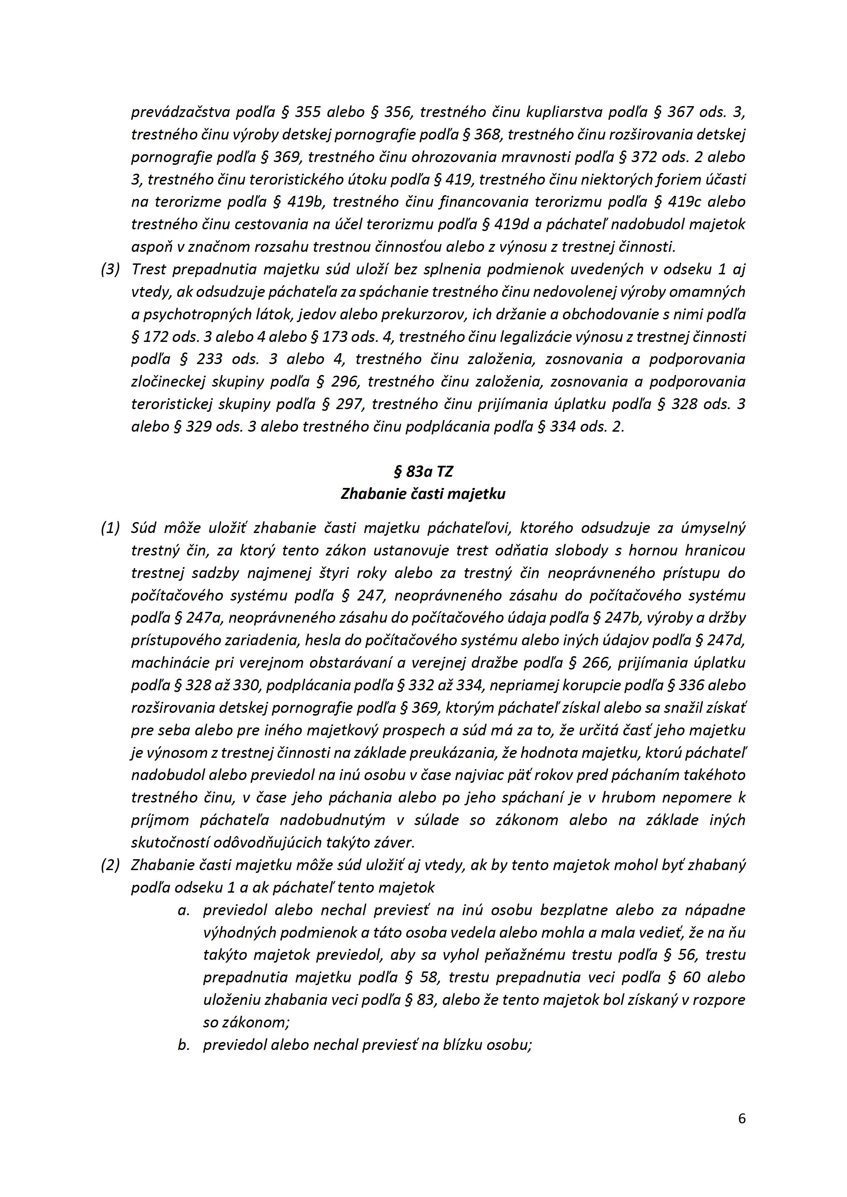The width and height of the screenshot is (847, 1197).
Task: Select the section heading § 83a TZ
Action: pyautogui.click(x=423, y=472)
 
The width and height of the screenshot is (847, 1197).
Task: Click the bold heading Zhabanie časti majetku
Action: pyautogui.click(x=423, y=494)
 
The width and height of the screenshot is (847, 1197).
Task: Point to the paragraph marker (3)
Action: pyautogui.click(x=110, y=270)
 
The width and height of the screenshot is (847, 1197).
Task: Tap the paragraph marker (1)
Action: pyautogui.click(x=110, y=528)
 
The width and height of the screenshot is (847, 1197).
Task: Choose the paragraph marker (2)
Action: pyautogui.click(x=110, y=865)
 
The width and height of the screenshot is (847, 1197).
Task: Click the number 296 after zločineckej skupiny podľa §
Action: pyautogui.click(x=345, y=381)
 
